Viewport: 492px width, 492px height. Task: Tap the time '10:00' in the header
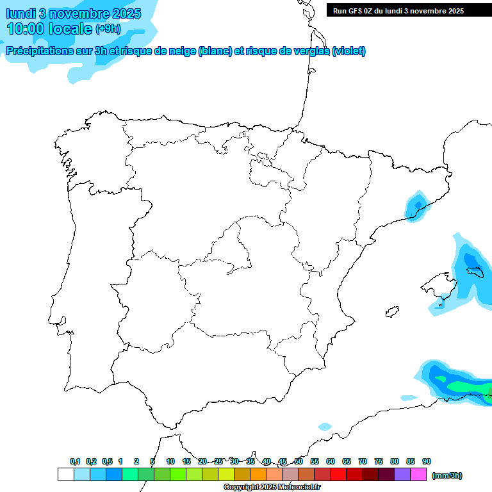pos(26,29)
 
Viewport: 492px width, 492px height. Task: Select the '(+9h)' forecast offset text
pos(108,29)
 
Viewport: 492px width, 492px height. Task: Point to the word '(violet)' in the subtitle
pos(349,51)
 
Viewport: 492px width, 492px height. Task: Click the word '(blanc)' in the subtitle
pos(215,51)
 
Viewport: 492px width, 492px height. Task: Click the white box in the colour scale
pos(65,474)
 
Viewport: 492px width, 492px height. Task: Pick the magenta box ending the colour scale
pos(418,474)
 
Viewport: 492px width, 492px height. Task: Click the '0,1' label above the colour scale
pos(75,461)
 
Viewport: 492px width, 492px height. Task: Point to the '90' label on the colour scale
pos(427,461)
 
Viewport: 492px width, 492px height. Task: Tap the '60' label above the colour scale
pos(331,461)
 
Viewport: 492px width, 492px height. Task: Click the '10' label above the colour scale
pos(170,461)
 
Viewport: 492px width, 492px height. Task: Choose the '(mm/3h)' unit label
pos(447,475)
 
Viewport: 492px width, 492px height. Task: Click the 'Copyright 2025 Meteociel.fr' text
pos(272,488)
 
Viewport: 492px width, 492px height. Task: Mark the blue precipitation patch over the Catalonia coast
pos(417,206)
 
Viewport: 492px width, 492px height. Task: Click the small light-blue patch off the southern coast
pos(325,427)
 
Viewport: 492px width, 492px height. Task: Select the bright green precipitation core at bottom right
pos(464,386)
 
